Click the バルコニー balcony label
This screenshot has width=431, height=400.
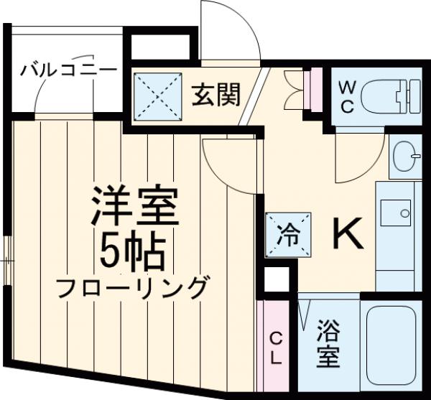click(x=68, y=71)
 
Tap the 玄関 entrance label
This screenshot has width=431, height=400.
click(x=215, y=94)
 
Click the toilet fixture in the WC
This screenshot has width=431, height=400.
click(x=388, y=98)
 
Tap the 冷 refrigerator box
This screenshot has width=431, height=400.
click(x=287, y=233)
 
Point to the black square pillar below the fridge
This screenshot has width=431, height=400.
click(x=276, y=281)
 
